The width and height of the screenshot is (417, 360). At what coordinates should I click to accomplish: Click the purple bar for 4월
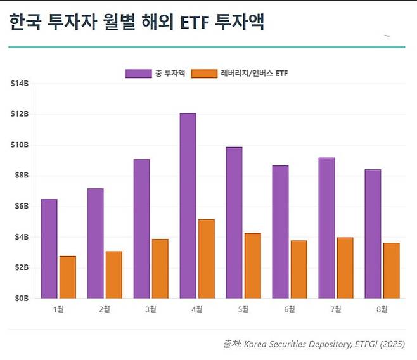click(x=188, y=205)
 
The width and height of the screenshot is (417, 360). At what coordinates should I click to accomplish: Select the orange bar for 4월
click(x=207, y=259)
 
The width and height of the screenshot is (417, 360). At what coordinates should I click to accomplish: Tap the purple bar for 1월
click(x=49, y=248)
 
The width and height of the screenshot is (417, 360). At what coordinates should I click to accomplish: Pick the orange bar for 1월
click(x=68, y=277)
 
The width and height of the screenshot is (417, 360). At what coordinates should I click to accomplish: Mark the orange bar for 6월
click(x=299, y=269)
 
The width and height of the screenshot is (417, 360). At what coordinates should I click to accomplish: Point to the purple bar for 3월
click(x=141, y=228)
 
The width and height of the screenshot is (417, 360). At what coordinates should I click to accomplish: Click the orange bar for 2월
click(x=114, y=274)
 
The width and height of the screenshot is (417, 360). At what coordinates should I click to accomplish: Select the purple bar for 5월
click(x=234, y=222)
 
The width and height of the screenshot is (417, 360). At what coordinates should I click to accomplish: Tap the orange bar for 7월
click(x=345, y=267)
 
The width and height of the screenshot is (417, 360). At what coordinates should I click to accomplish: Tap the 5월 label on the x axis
click(x=243, y=309)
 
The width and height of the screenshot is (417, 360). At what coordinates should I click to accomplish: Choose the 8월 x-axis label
click(x=382, y=309)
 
